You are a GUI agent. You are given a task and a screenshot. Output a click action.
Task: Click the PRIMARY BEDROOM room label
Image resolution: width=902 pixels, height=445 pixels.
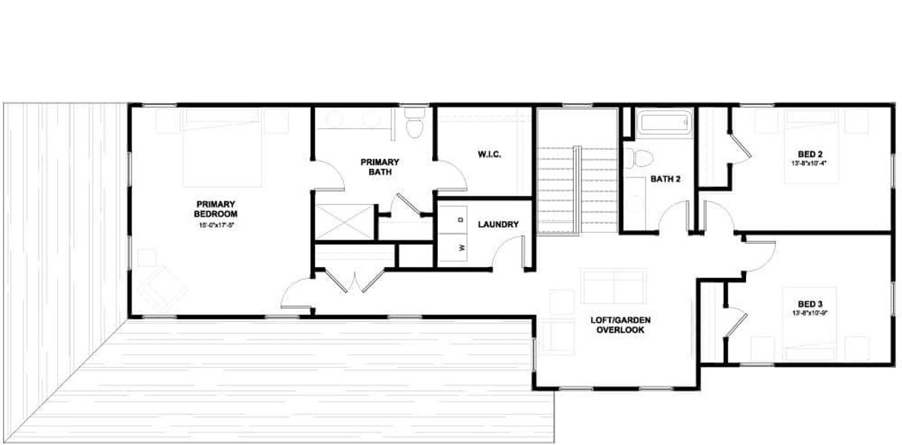coord(215,208)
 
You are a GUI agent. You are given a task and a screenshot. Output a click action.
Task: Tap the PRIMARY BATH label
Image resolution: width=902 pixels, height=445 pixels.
coord(380,167)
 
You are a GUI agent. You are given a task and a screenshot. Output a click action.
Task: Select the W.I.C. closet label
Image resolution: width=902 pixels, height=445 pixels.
coord(489,155)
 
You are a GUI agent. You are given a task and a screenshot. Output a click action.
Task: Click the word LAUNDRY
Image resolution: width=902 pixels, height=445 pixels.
coord(498,225)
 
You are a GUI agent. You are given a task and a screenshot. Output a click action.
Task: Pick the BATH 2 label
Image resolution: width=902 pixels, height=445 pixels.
coord(666,179)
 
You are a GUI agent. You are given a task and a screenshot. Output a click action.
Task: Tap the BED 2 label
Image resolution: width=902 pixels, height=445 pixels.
coord(809,155)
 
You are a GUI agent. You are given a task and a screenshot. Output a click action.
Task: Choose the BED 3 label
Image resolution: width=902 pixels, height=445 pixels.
coord(809,304)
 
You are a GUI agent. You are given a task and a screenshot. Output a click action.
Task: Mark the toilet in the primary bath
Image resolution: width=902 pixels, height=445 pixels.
coord(414,123)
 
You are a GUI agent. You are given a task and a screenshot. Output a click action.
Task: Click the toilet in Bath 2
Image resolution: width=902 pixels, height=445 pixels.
coord(637,158)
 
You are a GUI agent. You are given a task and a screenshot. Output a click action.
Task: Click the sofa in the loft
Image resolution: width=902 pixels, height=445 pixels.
coord(613,285)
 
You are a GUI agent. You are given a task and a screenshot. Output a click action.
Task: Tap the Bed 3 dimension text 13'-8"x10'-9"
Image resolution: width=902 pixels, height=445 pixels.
coord(809,314)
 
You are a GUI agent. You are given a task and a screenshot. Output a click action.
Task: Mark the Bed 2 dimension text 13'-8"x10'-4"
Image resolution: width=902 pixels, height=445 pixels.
coord(809,165)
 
